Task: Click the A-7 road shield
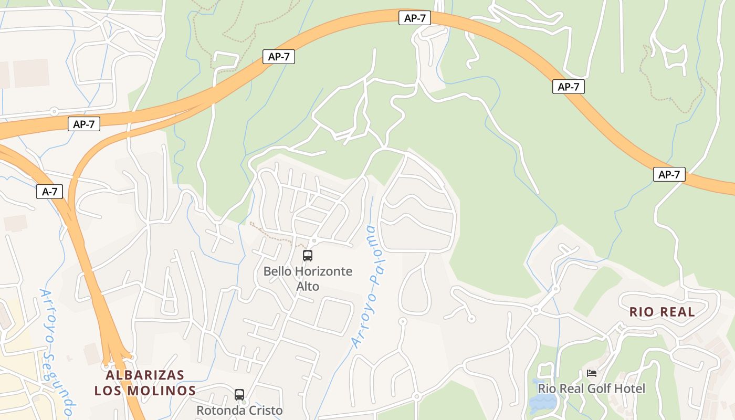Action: tap(50, 192)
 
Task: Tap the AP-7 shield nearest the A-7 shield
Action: tap(83, 124)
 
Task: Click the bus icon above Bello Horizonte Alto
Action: tap(308, 256)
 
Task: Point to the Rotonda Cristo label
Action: tap(239, 410)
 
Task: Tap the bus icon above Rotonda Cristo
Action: tap(239, 394)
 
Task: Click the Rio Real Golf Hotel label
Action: tap(591, 388)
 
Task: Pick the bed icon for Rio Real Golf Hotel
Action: tap(592, 373)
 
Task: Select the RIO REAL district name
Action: tap(662, 312)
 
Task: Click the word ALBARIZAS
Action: tap(145, 375)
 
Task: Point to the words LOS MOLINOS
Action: tap(145, 391)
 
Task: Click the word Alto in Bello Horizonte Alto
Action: tap(308, 287)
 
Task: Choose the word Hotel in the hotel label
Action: tap(627, 388)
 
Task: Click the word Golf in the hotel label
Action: tap(593, 388)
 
